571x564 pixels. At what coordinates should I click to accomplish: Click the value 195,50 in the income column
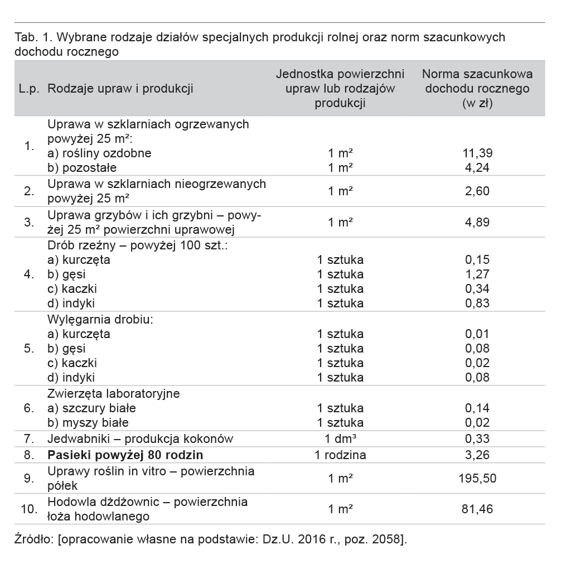477,479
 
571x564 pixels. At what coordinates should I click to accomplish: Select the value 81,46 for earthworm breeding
477,509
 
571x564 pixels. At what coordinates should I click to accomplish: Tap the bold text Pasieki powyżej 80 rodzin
125,455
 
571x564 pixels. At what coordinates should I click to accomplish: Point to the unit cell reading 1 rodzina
340,455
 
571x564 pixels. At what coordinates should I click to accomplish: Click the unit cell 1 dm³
340,438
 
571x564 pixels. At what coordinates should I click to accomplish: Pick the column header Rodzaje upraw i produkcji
120,88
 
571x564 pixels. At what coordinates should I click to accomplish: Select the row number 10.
29,509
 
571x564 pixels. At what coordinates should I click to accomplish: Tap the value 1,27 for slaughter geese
477,274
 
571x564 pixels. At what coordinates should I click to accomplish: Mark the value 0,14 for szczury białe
477,408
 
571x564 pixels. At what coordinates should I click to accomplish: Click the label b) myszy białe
88,423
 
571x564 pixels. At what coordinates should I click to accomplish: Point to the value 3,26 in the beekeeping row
477,455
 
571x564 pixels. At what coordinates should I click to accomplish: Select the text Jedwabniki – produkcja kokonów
141,438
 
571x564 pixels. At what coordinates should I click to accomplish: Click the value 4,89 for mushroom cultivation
477,222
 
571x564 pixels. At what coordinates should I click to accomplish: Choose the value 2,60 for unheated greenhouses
477,191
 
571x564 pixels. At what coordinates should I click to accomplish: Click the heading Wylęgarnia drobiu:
100,320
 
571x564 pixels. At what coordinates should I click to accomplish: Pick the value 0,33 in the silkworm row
477,438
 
